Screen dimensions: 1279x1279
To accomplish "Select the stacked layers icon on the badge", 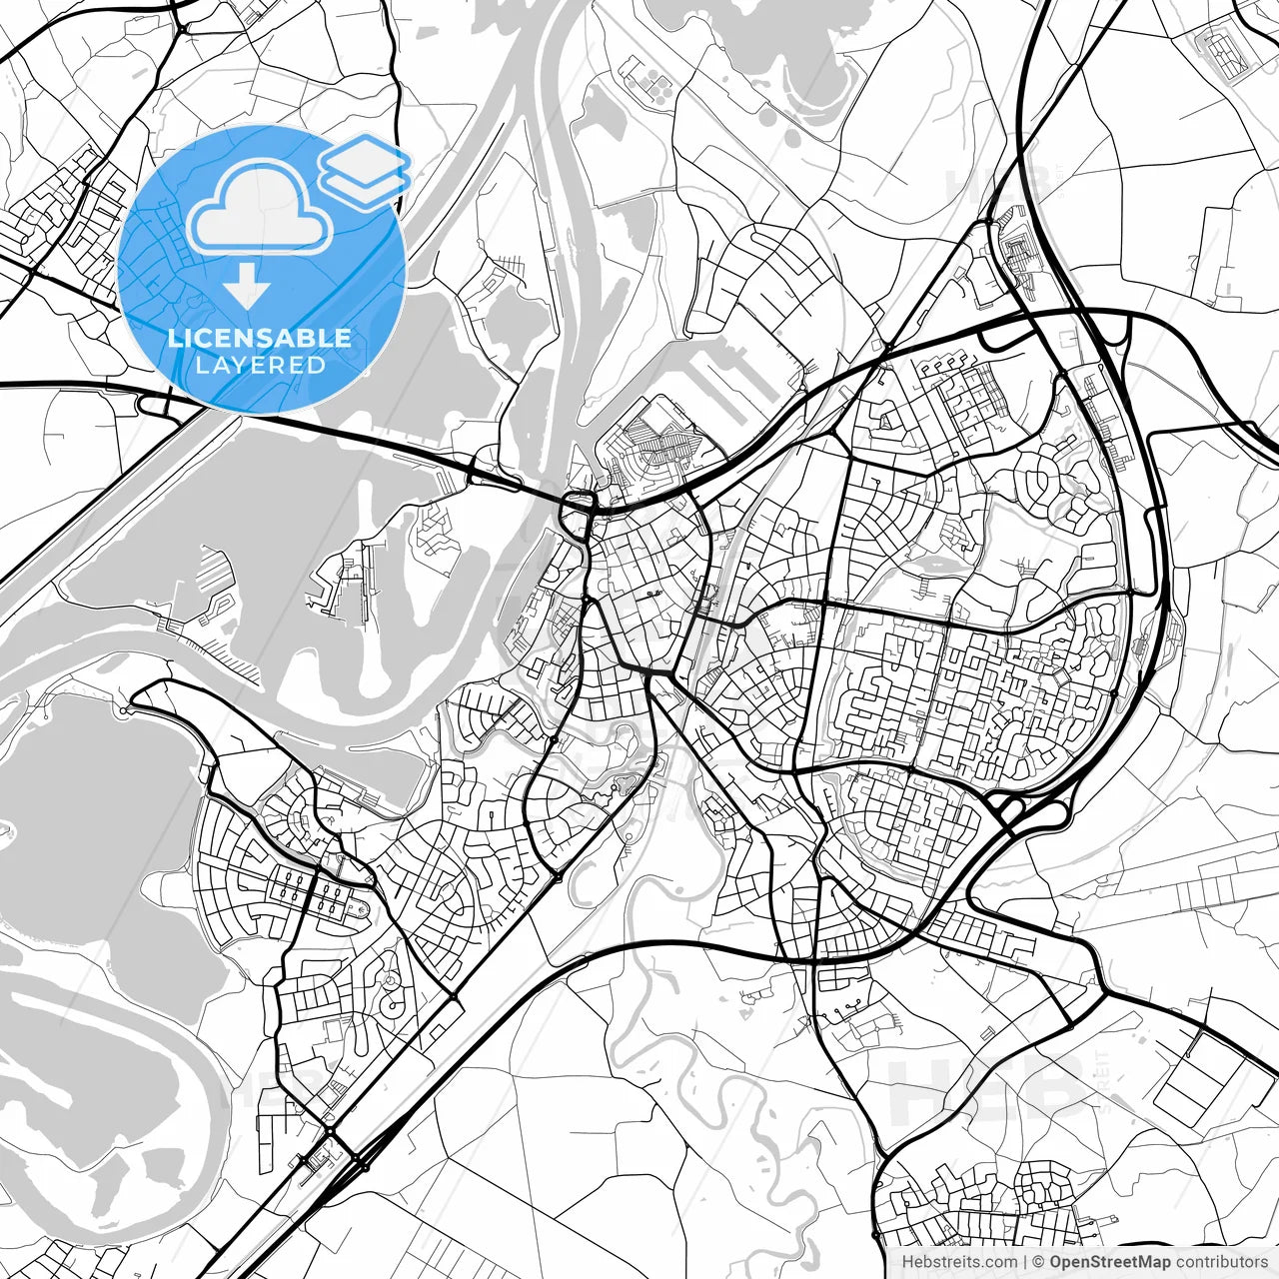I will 365,170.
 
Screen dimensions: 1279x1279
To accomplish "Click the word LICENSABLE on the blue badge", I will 260,338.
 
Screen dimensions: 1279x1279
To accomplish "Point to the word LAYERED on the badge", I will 260,365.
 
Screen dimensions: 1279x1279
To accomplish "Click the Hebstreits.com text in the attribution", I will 959,1262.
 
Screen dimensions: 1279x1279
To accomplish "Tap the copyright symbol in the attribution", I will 1038,1262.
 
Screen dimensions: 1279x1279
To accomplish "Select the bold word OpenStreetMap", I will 1110,1262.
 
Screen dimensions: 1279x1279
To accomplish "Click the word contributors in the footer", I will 1222,1262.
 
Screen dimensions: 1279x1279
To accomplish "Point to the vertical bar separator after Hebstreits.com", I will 1025,1262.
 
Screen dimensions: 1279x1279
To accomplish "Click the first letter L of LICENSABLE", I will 174,338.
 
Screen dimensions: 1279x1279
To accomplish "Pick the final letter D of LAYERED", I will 318,365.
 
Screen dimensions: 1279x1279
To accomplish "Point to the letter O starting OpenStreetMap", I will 1055,1262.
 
